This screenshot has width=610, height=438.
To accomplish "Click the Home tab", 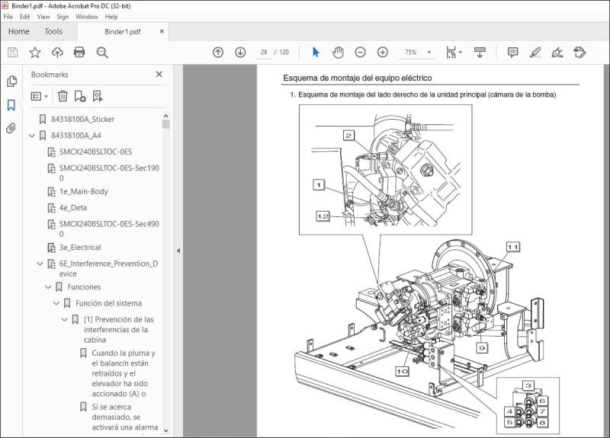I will (18, 31).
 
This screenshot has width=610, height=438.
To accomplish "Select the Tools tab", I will (53, 31).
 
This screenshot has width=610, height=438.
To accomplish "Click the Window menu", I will (86, 16).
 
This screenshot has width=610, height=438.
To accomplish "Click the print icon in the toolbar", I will (79, 53).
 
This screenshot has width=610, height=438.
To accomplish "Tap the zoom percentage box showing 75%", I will (411, 53).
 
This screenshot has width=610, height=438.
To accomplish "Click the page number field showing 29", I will (264, 53).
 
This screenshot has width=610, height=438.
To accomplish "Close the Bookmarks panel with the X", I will (159, 75).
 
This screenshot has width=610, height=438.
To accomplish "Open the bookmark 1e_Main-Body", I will (83, 191).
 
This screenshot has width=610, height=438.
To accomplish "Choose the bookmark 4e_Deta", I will (72, 207).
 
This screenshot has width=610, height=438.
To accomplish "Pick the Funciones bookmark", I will (84, 287).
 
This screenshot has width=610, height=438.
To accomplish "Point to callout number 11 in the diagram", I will (512, 247).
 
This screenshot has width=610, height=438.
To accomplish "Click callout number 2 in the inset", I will (348, 136).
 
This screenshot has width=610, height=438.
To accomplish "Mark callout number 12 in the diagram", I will (323, 216).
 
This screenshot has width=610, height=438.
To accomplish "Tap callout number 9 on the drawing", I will (482, 347).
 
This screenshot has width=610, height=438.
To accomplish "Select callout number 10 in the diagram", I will (402, 371).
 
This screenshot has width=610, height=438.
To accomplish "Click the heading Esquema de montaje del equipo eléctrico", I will (358, 78).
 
